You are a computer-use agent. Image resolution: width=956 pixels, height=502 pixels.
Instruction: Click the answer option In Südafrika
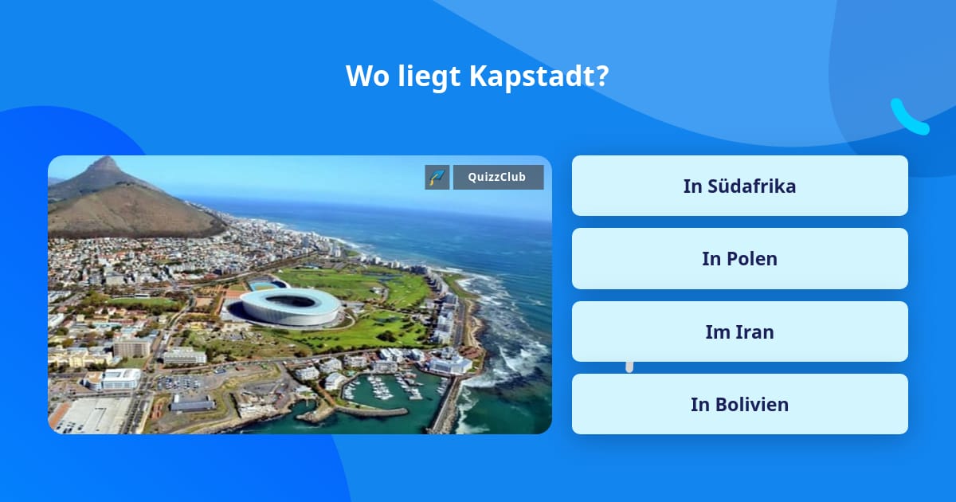(x=739, y=186)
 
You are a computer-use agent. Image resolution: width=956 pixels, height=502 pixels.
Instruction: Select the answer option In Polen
(x=739, y=259)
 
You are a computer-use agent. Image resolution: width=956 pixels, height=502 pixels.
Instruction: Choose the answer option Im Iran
(x=739, y=331)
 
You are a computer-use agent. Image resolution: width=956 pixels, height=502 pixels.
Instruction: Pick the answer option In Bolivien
(x=739, y=404)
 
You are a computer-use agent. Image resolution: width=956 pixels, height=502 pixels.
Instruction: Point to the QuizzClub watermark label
(x=498, y=177)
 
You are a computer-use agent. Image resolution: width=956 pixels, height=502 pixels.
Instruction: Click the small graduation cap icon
(x=437, y=177)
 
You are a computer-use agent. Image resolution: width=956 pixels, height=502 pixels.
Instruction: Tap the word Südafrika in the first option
(x=751, y=186)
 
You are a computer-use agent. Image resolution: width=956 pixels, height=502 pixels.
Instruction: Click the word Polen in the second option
(x=750, y=259)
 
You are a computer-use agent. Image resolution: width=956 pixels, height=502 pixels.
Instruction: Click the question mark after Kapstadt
(x=603, y=76)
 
